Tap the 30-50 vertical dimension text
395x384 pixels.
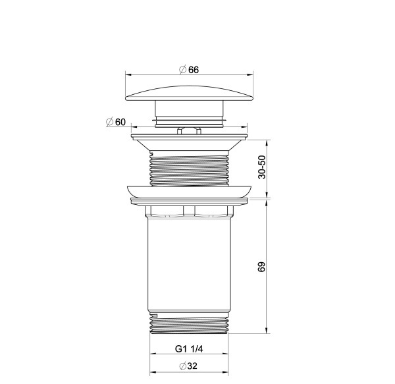coord(261,167)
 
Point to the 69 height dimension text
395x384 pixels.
coord(261,267)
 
